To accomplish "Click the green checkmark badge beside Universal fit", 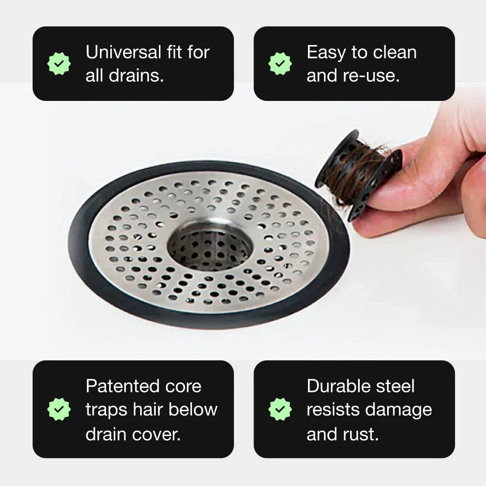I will pos(59,64).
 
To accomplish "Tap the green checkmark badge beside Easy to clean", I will pos(280,64).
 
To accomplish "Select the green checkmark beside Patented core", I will pos(59,409).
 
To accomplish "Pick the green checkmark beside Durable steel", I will pos(280,409).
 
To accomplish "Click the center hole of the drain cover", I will pos(210,247).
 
